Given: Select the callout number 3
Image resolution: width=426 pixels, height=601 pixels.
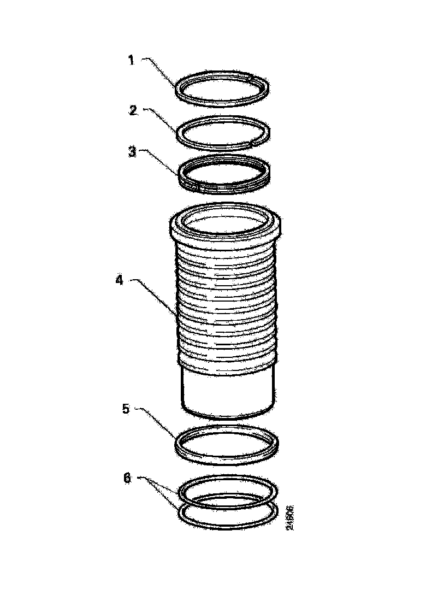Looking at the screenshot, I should (132, 152).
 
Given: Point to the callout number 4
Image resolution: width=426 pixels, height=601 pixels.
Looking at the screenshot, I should (119, 281).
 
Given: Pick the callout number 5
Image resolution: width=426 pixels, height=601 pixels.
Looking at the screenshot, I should (126, 409).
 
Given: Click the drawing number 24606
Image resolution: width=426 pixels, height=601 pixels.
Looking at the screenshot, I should (291, 517).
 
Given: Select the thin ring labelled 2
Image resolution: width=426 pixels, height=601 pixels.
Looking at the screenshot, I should (223, 145).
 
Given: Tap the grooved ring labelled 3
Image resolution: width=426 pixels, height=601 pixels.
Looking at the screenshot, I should (224, 189).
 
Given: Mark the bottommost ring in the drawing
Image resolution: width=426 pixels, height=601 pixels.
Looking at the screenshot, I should (227, 527).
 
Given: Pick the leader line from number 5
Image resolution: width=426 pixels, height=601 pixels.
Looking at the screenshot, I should (158, 421).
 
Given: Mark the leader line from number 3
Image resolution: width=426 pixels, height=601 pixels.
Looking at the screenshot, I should (161, 163).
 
